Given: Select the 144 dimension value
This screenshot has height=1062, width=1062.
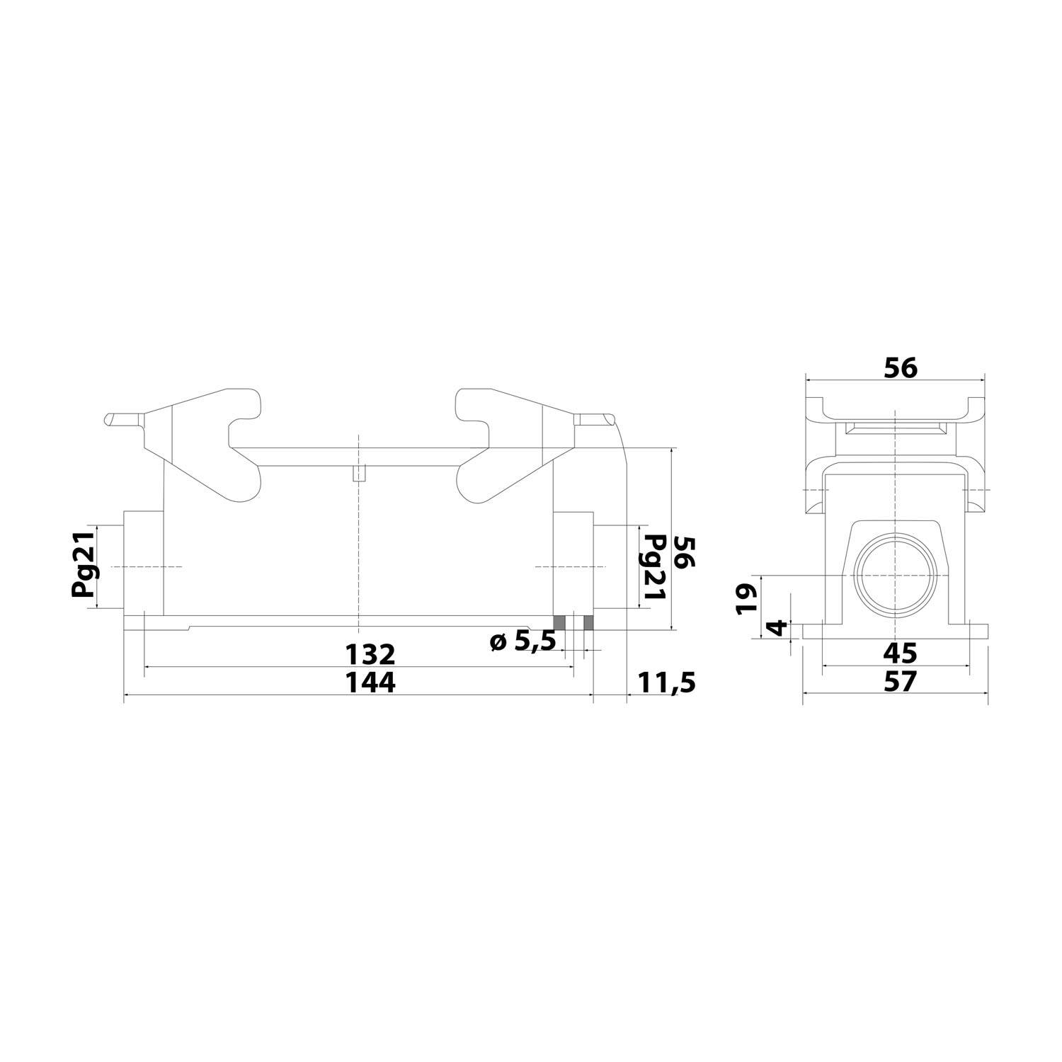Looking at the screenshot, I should coord(370,683).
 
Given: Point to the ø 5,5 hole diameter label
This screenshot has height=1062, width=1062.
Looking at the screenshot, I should coord(523,642).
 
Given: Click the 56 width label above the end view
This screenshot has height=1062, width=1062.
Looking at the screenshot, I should coord(900,368).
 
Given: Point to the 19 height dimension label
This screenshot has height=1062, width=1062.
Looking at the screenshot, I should coord(747,598).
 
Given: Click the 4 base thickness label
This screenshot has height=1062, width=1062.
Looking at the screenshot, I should coord(777,628).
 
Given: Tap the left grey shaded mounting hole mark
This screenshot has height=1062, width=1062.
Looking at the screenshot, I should coord(559,622).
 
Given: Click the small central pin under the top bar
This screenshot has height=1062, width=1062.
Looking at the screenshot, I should coord(359,473).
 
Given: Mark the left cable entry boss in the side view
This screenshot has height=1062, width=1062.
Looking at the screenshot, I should coord(143,563).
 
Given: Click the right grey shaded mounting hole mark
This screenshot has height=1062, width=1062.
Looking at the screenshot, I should coord(588,622).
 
